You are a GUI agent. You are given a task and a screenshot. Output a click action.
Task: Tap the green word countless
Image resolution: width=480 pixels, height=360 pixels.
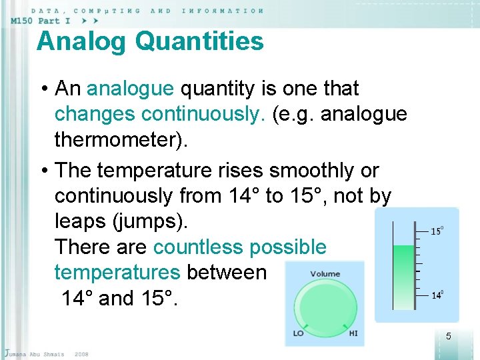pos(198,247)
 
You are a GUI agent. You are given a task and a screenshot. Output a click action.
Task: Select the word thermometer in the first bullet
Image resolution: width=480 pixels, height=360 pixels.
pos(116,140)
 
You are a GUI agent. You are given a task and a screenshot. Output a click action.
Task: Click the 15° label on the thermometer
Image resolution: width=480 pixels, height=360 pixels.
pos(437,231)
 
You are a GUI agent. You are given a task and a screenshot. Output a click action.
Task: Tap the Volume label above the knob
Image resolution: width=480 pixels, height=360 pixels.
pos(325,273)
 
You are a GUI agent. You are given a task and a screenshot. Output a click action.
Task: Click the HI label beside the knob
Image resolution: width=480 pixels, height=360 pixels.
pos(353,333)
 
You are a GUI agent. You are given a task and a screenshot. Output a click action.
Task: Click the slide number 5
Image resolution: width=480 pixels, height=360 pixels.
pos(448,336)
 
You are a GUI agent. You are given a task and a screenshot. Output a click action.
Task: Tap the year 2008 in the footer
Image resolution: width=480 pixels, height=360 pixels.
pos(81,353)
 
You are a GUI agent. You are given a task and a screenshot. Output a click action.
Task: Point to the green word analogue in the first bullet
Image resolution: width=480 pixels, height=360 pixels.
pos(131,89)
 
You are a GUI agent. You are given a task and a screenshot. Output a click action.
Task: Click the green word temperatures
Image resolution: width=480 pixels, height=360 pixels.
pos(117,273)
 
